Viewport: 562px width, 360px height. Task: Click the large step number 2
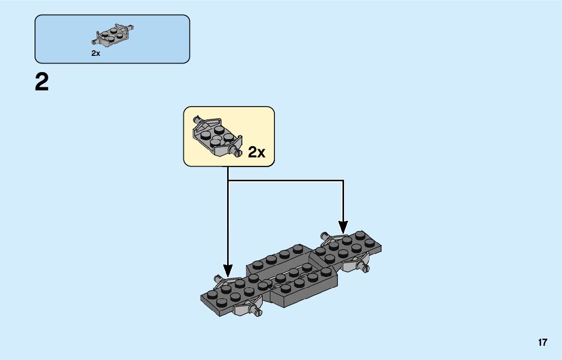[x=42, y=82]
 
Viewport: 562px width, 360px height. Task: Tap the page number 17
[x=543, y=342]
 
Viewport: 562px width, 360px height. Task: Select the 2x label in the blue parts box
[x=96, y=53]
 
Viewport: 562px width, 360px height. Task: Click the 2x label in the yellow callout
[x=257, y=152]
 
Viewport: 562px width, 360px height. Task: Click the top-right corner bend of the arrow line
[x=344, y=180]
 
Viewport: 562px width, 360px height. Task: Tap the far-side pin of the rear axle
[x=323, y=235]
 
